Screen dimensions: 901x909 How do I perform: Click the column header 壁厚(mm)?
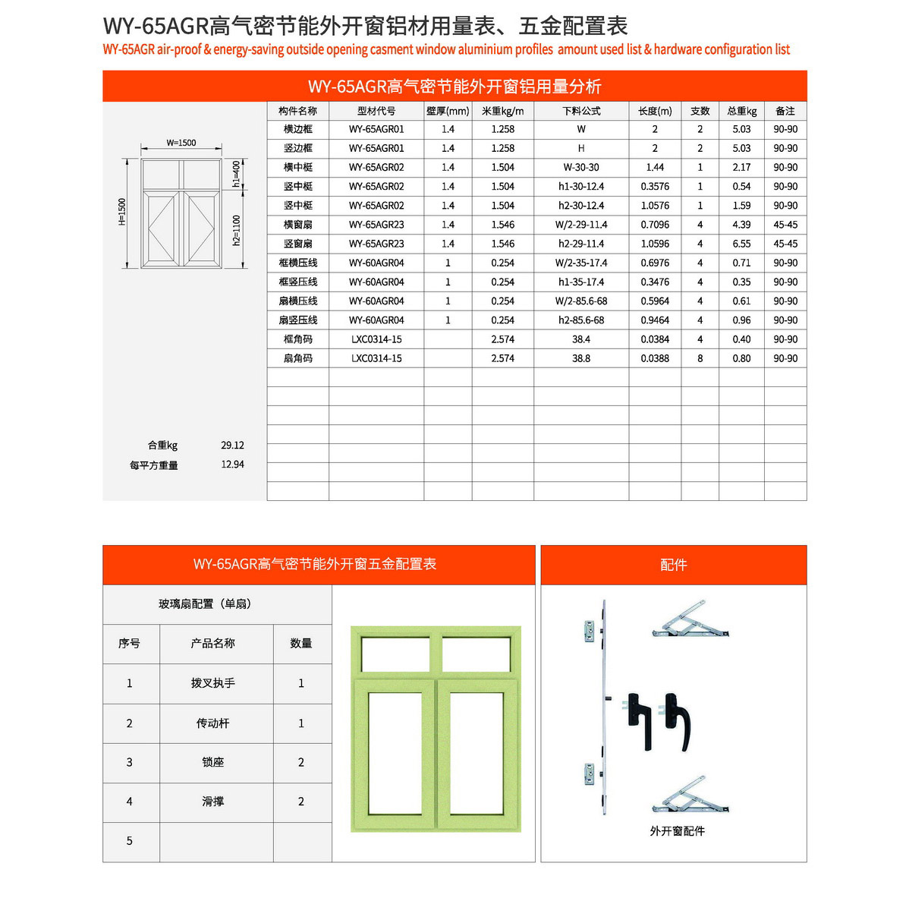[x=448, y=111]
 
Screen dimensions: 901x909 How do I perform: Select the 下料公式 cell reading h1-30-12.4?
[x=580, y=187]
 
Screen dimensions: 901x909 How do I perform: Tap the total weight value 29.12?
[x=232, y=446]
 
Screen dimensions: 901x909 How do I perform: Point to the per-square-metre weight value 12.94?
[x=232, y=465]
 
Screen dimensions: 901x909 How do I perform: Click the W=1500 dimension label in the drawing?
[x=181, y=143]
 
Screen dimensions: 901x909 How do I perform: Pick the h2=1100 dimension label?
[x=237, y=231]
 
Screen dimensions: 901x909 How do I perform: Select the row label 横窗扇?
[x=297, y=225]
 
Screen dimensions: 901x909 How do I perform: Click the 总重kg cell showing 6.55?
[x=741, y=244]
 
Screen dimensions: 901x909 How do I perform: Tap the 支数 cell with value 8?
[x=700, y=358]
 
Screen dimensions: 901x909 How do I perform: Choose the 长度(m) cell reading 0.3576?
[x=655, y=187]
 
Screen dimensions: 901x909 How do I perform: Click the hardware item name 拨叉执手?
[x=213, y=683]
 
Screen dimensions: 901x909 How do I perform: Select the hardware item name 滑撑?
[x=213, y=802]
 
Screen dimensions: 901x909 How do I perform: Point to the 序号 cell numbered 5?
[x=130, y=841]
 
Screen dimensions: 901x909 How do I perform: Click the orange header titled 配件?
[x=673, y=565]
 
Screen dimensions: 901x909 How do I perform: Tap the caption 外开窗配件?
[x=677, y=831]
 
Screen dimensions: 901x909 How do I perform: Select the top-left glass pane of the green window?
[x=395, y=654]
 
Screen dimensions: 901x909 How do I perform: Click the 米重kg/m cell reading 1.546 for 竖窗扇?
[x=502, y=244]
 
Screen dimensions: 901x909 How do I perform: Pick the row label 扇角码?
[x=297, y=358]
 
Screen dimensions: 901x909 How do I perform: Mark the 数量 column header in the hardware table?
[x=301, y=644]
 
